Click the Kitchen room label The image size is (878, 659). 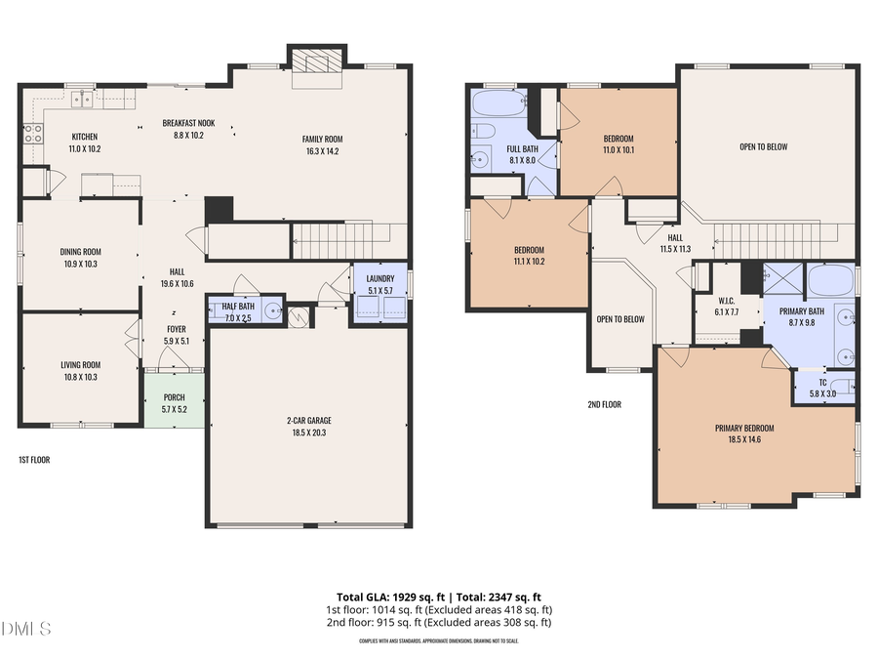pos(85,137)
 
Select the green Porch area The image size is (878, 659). pos(175,399)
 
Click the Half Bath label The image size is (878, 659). pos(231,307)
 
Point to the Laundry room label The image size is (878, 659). pos(379,279)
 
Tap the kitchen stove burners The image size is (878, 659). pos(33,133)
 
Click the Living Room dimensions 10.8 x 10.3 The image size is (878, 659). pos(80,377)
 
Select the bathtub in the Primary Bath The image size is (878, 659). pos(832,281)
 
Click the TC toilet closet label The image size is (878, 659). pos(822,383)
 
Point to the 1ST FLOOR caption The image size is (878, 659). pos(35,459)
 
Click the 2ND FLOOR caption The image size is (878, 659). pos(604,404)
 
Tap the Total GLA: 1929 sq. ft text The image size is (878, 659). pos(384,597)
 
